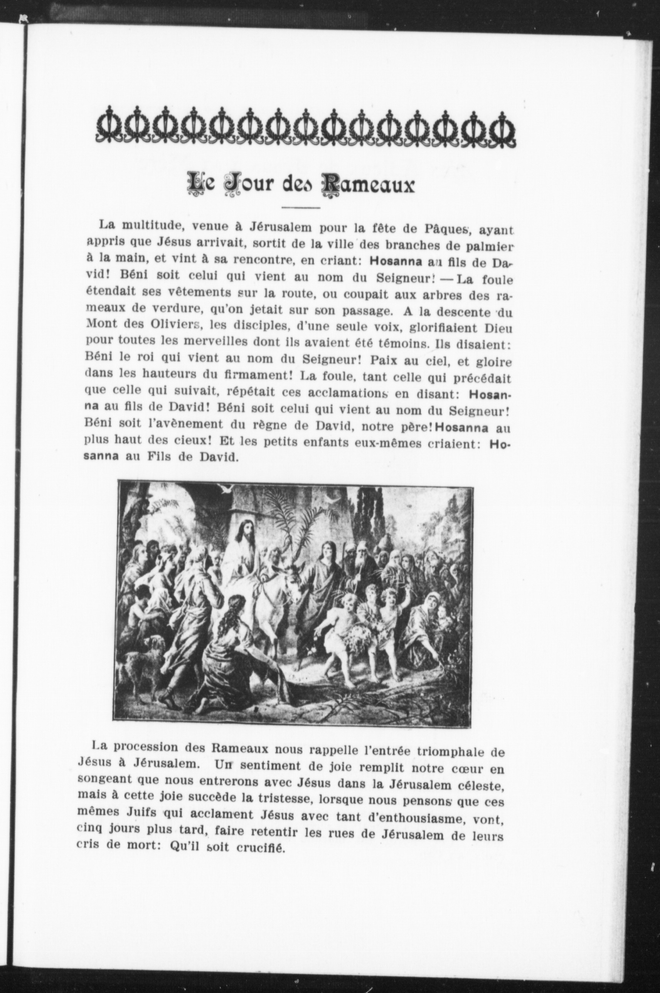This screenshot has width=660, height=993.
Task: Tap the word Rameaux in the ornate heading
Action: pos(367,185)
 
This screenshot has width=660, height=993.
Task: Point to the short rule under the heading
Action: pos(301,207)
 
